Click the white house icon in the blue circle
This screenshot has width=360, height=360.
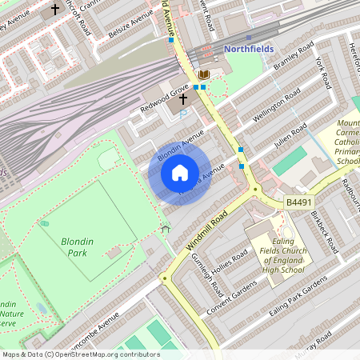click(180, 173)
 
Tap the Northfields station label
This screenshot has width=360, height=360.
click(249, 49)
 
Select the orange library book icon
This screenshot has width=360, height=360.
click(204, 74)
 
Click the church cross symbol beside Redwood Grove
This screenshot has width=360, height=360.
click(183, 100)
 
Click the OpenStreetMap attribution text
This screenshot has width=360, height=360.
click(81, 354)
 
